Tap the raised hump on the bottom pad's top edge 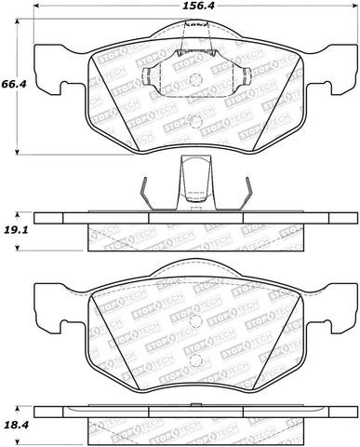(x=194, y=268)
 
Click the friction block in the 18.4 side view (x=193, y=427)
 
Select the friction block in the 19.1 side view (x=193, y=239)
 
